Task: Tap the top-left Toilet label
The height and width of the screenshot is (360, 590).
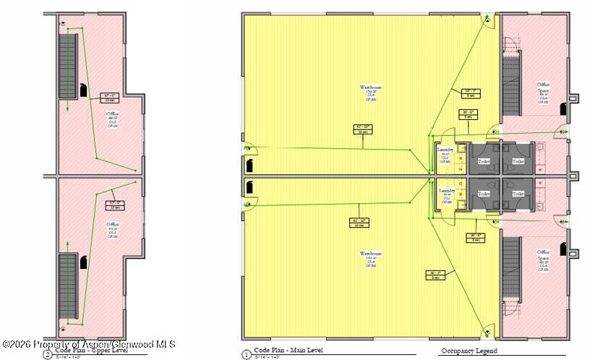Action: tap(484, 161)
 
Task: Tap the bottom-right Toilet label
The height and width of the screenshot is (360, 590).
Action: tap(518, 194)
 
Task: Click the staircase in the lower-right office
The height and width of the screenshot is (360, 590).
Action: tap(511, 265)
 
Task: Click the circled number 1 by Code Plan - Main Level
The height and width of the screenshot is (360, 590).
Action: tap(246, 354)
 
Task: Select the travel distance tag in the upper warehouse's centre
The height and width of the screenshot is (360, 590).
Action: tap(362, 129)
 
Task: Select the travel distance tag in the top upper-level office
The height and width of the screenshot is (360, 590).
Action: tap(110, 96)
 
